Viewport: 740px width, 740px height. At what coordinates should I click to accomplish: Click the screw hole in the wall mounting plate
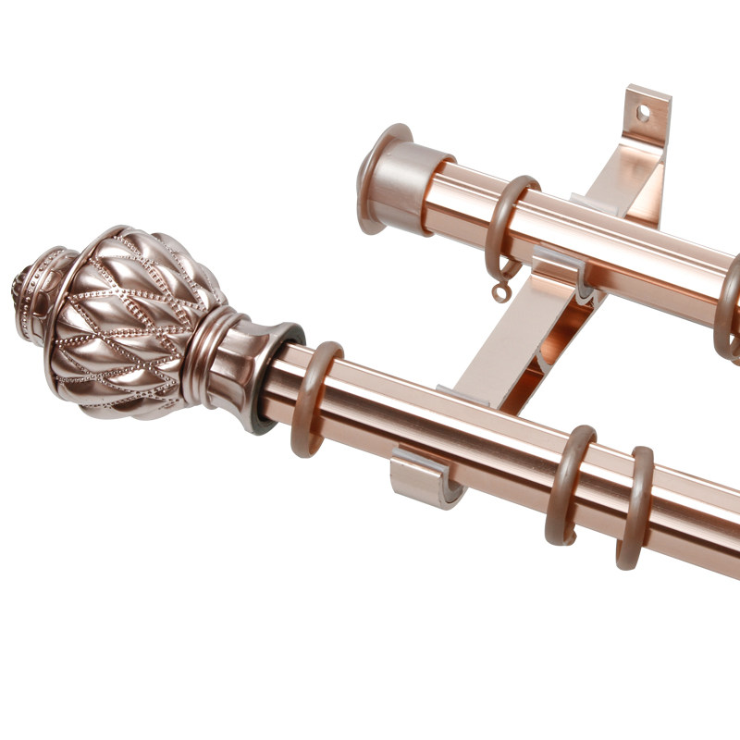(641, 113)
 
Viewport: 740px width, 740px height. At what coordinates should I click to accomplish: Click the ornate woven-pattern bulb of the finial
(129, 319)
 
